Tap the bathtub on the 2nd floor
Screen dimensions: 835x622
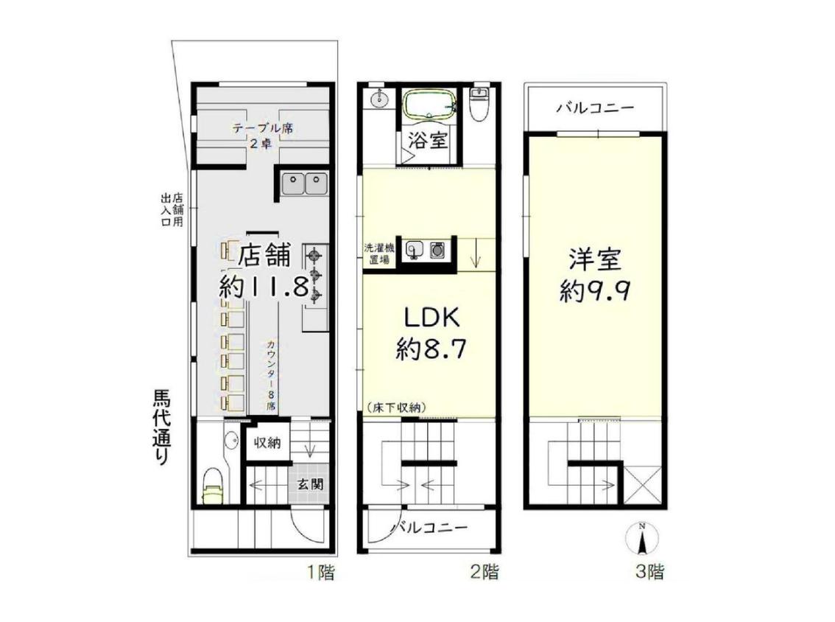pyautogui.click(x=429, y=103)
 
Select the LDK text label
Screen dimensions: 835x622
pyautogui.click(x=432, y=318)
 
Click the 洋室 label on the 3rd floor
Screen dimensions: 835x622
pyautogui.click(x=595, y=261)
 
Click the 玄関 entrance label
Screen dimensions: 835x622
pyautogui.click(x=309, y=484)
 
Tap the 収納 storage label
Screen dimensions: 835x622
pyautogui.click(x=267, y=442)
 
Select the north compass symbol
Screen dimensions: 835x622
pyautogui.click(x=643, y=538)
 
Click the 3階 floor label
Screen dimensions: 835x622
pyautogui.click(x=649, y=573)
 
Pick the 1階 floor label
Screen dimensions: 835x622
pyautogui.click(x=320, y=573)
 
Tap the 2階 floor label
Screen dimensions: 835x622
pyautogui.click(x=485, y=573)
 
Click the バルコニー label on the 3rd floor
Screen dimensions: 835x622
pyautogui.click(x=596, y=108)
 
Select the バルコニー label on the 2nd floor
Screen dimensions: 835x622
pyautogui.click(x=430, y=528)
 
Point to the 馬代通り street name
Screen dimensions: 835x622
pyautogui.click(x=162, y=428)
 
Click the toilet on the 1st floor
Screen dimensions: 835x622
pyautogui.click(x=214, y=486)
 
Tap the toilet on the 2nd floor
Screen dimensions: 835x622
pyautogui.click(x=480, y=103)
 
